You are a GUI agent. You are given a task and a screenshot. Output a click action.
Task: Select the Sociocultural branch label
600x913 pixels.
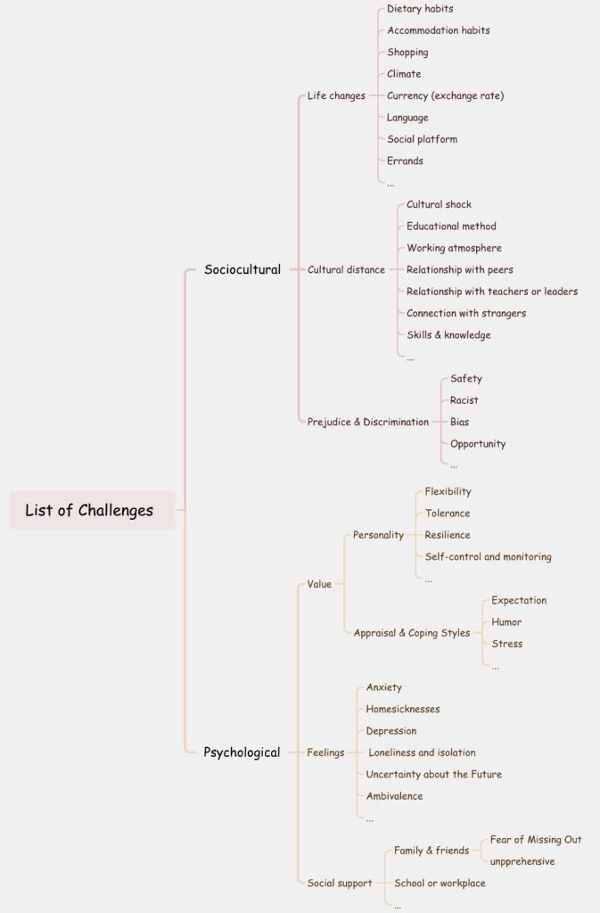[242, 269]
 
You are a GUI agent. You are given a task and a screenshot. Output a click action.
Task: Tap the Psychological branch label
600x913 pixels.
[242, 753]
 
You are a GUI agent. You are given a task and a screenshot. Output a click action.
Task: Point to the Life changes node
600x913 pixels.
[336, 95]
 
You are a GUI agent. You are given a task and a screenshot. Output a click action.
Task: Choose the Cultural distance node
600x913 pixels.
[346, 269]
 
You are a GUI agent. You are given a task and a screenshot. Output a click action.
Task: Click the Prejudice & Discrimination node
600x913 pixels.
[368, 422]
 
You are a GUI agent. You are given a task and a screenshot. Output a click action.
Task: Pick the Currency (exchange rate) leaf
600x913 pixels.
[445, 95]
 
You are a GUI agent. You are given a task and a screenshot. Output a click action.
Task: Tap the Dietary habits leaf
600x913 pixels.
[420, 9]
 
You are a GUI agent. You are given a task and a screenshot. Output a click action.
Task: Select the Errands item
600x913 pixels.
[405, 160]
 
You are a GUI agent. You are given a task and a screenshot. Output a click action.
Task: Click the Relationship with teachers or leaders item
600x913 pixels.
[492, 292]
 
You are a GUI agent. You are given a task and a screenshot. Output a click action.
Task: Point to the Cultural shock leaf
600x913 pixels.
[439, 204]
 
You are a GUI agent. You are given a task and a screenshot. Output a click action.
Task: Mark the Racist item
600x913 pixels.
[464, 400]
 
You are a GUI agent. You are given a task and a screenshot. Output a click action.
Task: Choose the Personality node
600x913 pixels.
[378, 535]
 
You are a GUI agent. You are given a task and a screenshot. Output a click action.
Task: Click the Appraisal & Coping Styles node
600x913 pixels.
[412, 633]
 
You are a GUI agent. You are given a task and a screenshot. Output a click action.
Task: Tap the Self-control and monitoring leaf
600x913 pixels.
[488, 556]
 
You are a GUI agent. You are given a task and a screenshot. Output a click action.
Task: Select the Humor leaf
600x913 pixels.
[506, 621]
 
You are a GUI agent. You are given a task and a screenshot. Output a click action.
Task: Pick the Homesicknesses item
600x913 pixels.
[403, 709]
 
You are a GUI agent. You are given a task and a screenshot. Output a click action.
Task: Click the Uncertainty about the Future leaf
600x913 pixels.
[433, 775]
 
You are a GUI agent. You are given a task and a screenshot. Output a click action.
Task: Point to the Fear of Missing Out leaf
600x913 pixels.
[536, 840]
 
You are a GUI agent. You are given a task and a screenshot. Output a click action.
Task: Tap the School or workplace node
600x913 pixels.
[440, 884]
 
